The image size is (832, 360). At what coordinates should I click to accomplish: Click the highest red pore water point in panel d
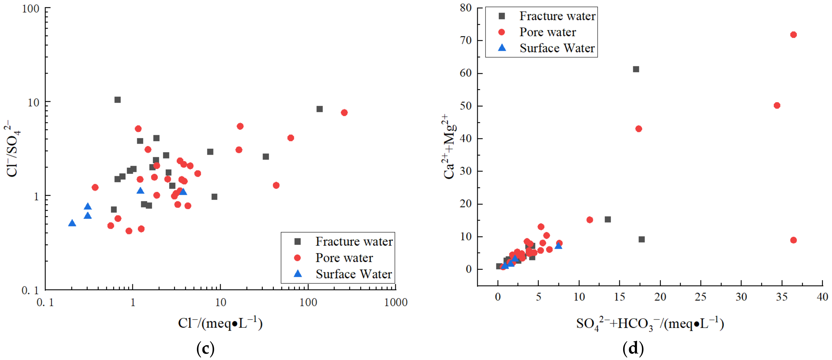(x=793, y=34)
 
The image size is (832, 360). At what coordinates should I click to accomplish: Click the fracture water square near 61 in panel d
(x=636, y=69)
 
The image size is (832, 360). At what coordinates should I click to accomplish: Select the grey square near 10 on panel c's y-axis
(x=117, y=100)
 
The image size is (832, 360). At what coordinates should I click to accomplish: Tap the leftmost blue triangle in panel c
(x=72, y=223)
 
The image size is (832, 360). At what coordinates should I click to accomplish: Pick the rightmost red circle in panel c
(x=344, y=113)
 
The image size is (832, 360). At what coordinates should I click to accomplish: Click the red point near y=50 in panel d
(x=777, y=106)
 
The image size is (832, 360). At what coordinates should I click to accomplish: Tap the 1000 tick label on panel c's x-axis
(x=396, y=302)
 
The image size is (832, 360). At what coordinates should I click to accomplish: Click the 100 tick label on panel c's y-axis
(x=31, y=9)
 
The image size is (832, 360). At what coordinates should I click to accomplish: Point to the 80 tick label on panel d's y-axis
(x=466, y=8)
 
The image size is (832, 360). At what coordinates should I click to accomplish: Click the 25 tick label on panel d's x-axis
(x=700, y=297)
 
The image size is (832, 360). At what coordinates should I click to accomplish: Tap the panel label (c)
(x=205, y=348)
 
